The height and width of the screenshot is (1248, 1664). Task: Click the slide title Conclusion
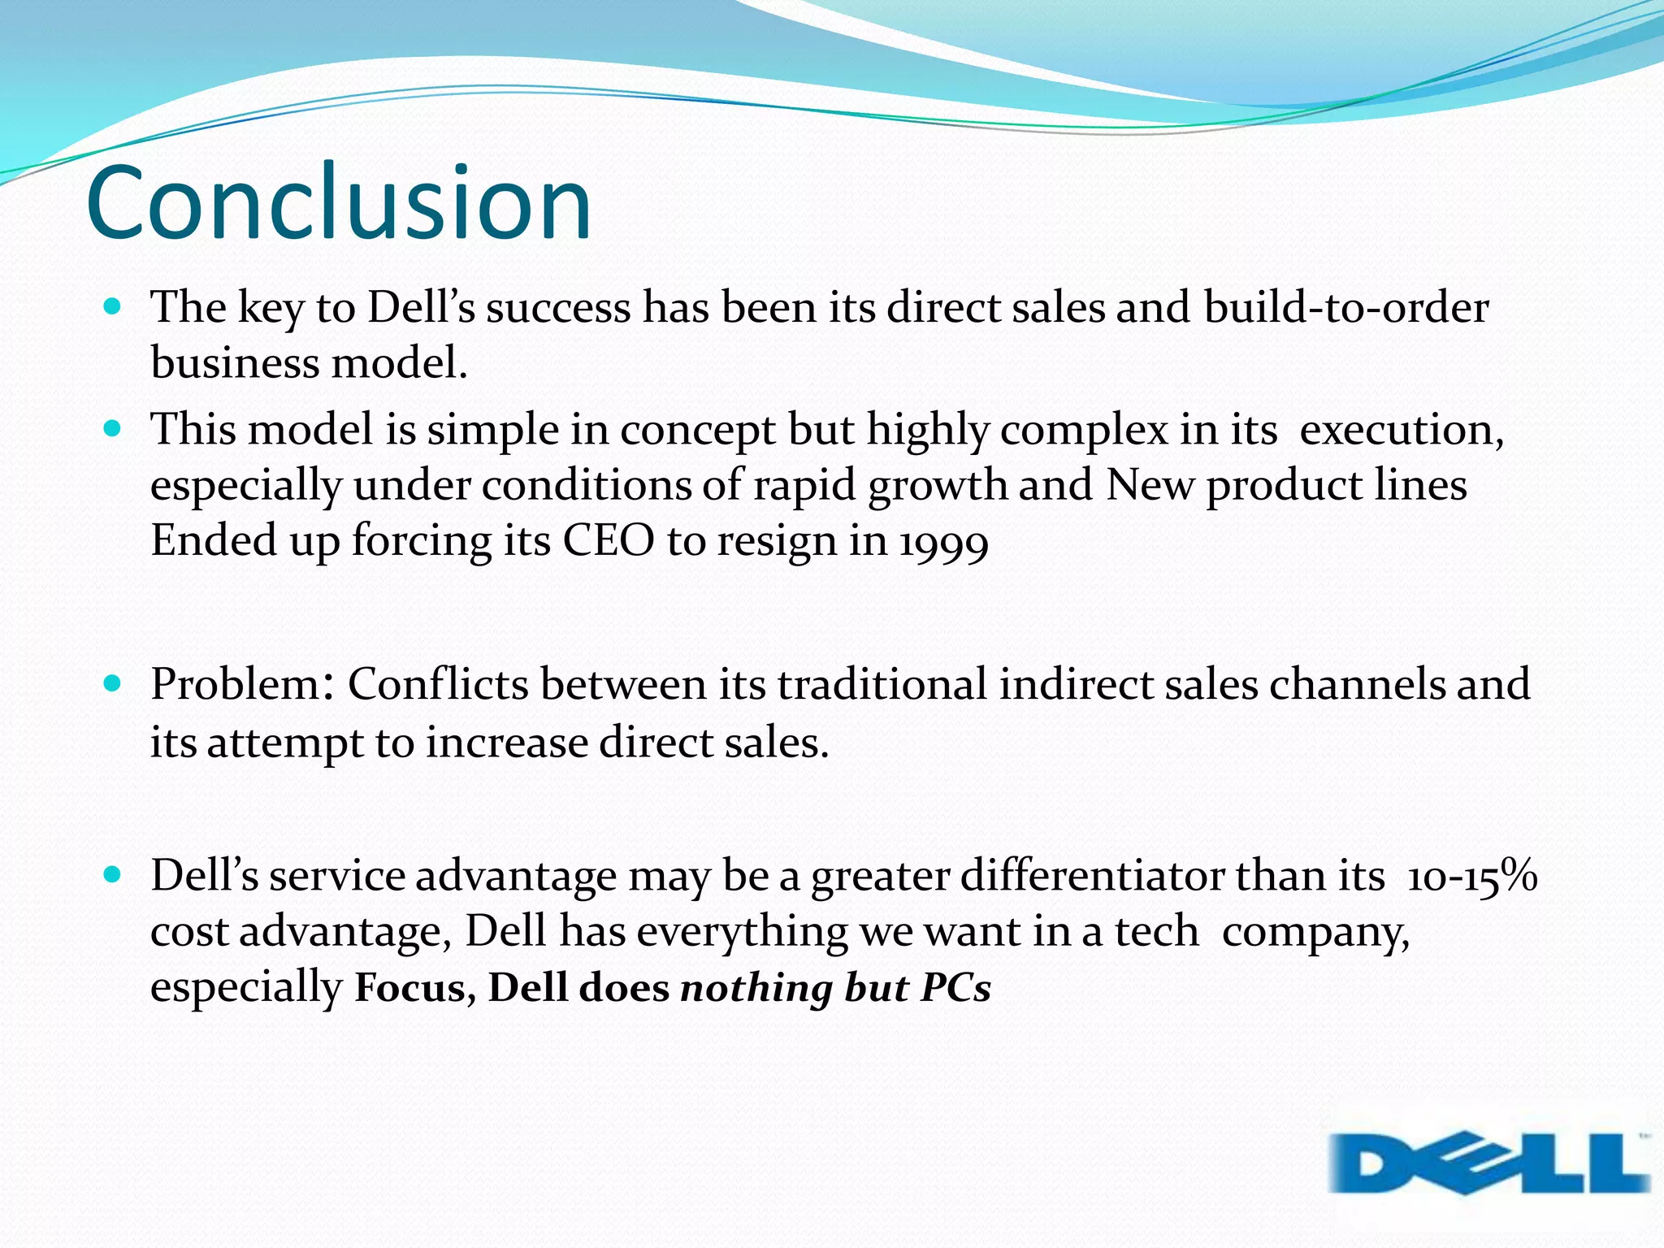tap(338, 203)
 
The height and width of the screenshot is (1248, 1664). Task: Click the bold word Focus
tap(409, 988)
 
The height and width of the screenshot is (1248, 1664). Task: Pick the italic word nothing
tap(756, 988)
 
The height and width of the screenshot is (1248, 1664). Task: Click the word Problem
tap(236, 684)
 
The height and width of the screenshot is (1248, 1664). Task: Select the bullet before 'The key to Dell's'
tap(113, 307)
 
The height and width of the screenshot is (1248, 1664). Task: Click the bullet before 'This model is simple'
tap(113, 428)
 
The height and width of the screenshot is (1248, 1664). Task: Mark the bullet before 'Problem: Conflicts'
tap(113, 683)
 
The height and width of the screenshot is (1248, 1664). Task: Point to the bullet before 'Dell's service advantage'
tap(113, 875)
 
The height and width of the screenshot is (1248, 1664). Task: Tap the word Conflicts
tap(438, 684)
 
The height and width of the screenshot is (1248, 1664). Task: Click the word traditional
tap(882, 684)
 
